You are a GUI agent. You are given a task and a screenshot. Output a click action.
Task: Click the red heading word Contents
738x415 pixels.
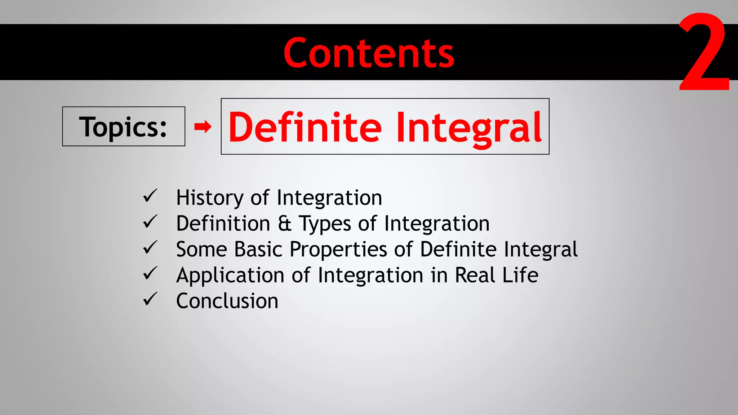(x=369, y=53)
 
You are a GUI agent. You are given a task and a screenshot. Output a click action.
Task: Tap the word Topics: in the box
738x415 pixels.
(x=123, y=127)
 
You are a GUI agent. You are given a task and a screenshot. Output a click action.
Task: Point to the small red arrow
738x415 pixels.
(x=203, y=126)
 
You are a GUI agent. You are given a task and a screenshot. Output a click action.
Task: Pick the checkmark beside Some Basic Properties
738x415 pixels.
(x=150, y=247)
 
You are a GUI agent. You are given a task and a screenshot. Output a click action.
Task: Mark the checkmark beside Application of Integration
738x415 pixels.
(x=150, y=273)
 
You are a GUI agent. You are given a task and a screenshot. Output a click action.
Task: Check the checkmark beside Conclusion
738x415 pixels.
(x=150, y=299)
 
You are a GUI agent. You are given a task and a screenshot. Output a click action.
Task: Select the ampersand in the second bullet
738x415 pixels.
(x=284, y=223)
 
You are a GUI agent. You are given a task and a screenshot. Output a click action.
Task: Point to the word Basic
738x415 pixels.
(x=258, y=249)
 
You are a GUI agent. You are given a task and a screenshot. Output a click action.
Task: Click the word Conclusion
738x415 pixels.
(x=227, y=301)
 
